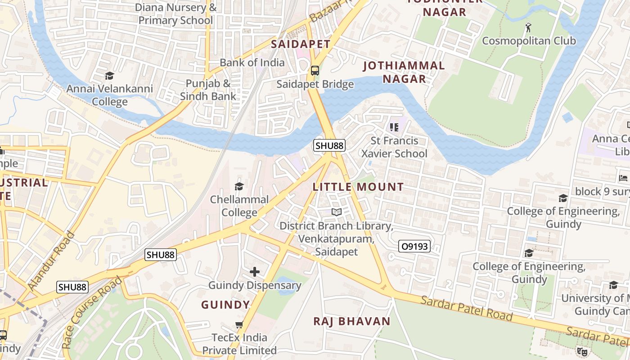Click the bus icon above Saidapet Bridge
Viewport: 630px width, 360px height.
[x=315, y=71]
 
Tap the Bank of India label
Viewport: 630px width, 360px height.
[x=252, y=63]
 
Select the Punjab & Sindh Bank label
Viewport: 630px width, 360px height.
[x=208, y=90]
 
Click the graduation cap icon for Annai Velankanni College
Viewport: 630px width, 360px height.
[x=109, y=76]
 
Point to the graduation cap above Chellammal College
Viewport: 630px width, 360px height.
[x=239, y=186]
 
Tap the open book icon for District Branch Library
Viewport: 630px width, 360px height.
[x=336, y=212]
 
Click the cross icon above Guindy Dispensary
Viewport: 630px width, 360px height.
[x=255, y=271]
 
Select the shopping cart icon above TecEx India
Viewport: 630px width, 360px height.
[x=239, y=324]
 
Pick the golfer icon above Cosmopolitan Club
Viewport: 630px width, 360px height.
[x=528, y=27]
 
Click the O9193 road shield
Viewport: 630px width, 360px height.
[x=414, y=246]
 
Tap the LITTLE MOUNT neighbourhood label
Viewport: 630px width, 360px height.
[x=358, y=187]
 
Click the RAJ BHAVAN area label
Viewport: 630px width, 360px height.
[x=352, y=321]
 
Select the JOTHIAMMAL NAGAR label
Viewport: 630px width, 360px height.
[x=404, y=72]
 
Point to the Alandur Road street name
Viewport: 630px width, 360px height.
[x=51, y=261]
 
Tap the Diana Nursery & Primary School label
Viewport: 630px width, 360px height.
[x=176, y=14]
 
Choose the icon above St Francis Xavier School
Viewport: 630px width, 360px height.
[x=394, y=127]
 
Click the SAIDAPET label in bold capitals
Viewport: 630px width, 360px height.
[x=301, y=44]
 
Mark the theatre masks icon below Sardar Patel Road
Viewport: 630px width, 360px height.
[x=582, y=351]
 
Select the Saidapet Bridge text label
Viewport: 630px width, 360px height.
[x=315, y=84]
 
